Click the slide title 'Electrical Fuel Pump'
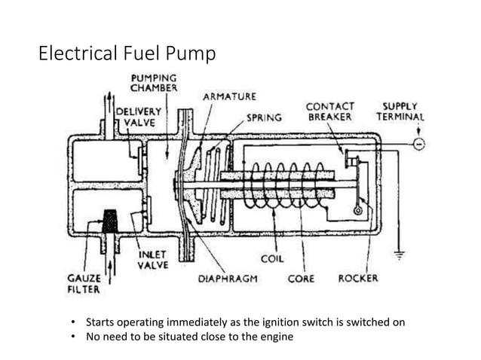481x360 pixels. tap(127, 54)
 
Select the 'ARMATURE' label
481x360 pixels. tap(228, 96)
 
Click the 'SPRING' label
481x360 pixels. tap(265, 117)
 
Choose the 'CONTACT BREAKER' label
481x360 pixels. tap(331, 112)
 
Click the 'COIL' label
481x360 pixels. tap(272, 258)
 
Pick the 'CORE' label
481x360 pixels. tap(302, 278)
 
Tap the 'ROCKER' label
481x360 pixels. tap(357, 278)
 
